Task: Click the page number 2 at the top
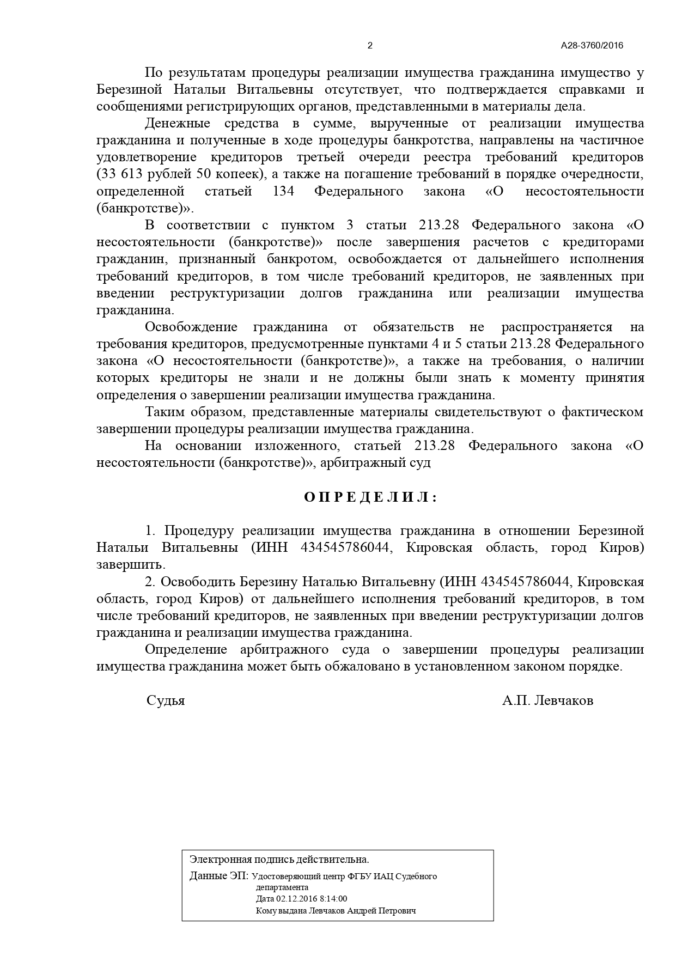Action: (x=370, y=46)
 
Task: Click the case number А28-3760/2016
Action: (x=592, y=46)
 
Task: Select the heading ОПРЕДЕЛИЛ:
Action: (x=370, y=497)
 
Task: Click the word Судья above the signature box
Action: (x=166, y=701)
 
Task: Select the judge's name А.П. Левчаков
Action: (x=547, y=701)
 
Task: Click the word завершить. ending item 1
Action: (x=131, y=565)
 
